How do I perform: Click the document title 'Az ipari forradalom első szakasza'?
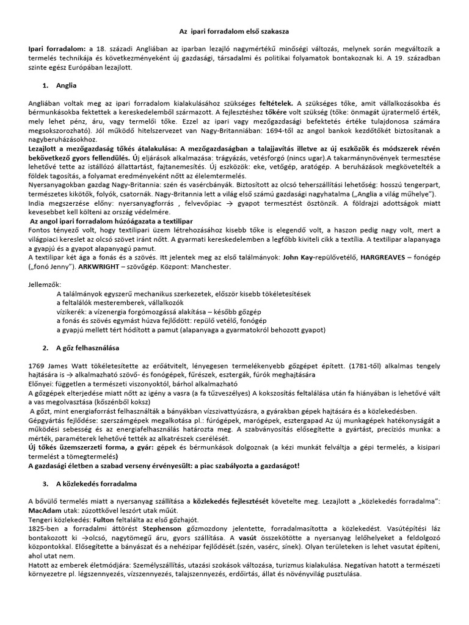234,30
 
